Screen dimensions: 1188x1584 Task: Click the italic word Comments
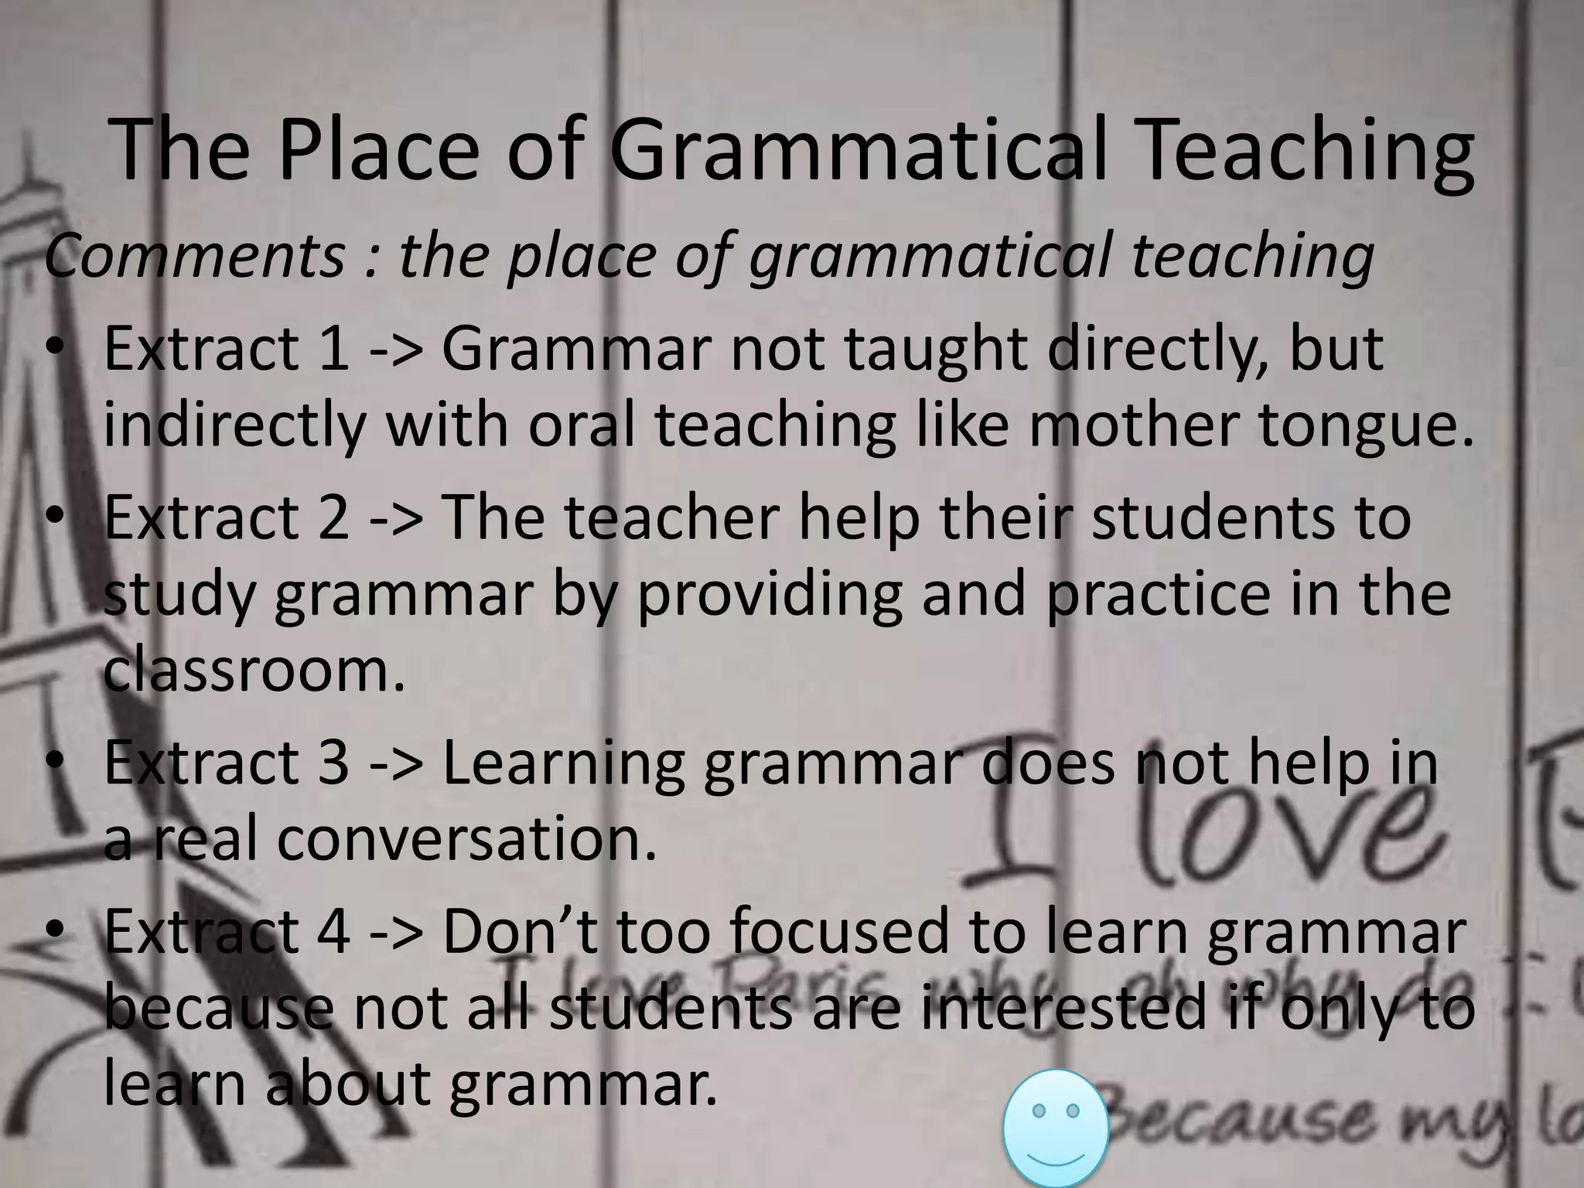tap(194, 256)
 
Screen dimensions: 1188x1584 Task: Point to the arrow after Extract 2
tap(397, 517)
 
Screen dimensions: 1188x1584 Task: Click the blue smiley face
tap(1055, 1128)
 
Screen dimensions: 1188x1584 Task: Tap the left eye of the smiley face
tap(1039, 1111)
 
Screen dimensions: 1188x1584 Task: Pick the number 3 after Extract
tap(333, 763)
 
